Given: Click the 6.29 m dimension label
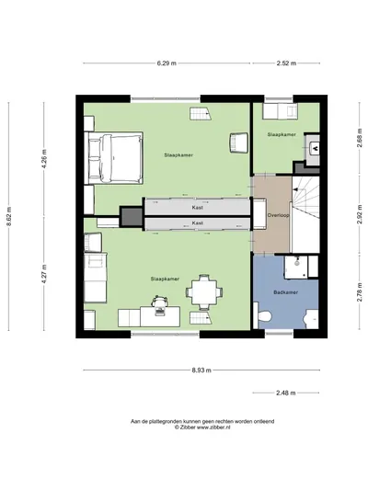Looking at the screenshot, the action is (x=167, y=63).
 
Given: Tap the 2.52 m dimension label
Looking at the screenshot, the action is (x=286, y=63).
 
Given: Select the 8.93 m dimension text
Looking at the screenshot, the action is (x=201, y=370).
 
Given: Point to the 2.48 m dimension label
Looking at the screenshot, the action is (x=286, y=393).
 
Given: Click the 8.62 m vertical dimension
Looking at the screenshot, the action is (x=8, y=216).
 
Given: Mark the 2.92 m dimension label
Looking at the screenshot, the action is (x=360, y=214).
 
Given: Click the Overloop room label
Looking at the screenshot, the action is (x=278, y=215).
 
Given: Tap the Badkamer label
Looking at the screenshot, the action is (x=285, y=292).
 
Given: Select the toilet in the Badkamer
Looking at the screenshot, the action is (x=262, y=315).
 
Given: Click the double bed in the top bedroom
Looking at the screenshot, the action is (x=114, y=158).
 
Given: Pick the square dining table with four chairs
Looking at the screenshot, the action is (x=204, y=292).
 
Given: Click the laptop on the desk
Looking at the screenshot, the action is (x=160, y=312).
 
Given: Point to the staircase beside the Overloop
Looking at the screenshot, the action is (x=306, y=214).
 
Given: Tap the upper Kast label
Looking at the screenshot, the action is (x=197, y=208).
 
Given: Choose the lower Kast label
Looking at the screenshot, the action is (x=197, y=222).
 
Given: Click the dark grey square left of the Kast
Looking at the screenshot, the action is (x=132, y=216).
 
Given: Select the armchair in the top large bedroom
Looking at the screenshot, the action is (x=239, y=142).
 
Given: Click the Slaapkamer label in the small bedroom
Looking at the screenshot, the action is (x=282, y=134).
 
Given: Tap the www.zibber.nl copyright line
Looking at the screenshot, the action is (x=202, y=427).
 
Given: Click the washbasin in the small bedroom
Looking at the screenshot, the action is (x=314, y=148).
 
